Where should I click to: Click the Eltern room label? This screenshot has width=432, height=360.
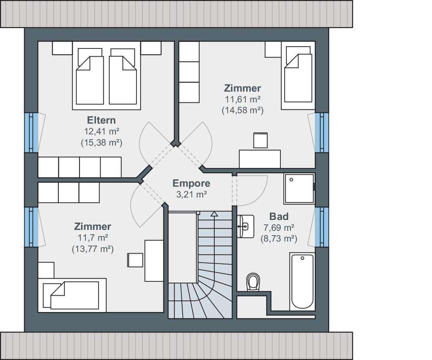pos(102,120)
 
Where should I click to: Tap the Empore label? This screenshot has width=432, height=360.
pos(191,183)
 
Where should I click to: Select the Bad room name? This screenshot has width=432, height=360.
pos(279,217)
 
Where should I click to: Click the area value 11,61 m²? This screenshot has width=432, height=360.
pos(243,99)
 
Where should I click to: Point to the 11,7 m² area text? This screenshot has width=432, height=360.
pos(92,237)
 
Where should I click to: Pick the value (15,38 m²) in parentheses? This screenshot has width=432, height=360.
pos(102,143)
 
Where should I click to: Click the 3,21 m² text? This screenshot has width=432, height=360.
pos(191,194)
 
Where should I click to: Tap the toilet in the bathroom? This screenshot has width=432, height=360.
pos(253,282)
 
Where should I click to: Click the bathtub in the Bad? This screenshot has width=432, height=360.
pos(302,281)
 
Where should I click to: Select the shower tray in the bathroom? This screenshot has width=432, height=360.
pos(299,188)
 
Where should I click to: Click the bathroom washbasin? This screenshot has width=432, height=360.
pos(245,226)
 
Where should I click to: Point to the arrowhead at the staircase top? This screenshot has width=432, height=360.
pos(214,214)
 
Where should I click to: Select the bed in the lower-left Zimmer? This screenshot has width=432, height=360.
pos(72,295)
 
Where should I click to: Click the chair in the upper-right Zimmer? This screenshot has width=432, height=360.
pos(260,140)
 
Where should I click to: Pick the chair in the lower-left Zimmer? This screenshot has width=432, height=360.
pos(135,260)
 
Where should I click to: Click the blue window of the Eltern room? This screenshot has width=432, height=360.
pos(32,132)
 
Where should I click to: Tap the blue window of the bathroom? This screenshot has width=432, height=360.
pos(322,227)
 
